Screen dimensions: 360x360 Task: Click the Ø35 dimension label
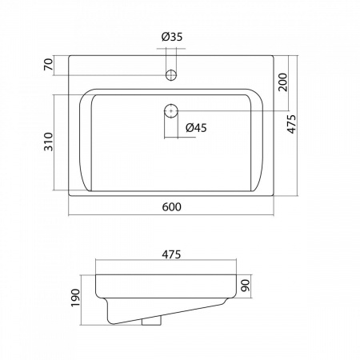pyautogui.click(x=172, y=37)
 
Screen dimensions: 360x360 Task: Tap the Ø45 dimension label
pyautogui.click(x=196, y=128)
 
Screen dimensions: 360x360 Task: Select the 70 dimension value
pyautogui.click(x=49, y=65)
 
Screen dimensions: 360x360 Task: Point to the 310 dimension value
pyautogui.click(x=49, y=142)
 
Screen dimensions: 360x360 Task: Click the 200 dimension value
pyautogui.click(x=282, y=82)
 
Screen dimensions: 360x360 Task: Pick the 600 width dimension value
pyautogui.click(x=172, y=207)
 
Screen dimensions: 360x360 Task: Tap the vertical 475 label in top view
pyautogui.click(x=291, y=124)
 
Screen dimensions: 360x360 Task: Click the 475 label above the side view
pyautogui.click(x=171, y=254)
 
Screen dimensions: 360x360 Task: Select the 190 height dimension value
pyautogui.click(x=75, y=298)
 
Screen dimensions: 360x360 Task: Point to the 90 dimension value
pyautogui.click(x=246, y=286)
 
